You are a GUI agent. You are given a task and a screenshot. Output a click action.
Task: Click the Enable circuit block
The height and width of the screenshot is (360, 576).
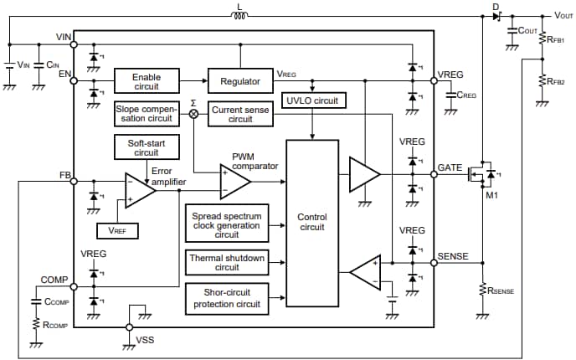click(x=147, y=81)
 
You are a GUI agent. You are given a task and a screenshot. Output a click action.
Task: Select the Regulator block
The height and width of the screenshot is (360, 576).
click(x=240, y=81)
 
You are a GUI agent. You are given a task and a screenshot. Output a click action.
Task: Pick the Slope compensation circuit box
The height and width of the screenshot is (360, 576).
click(x=147, y=115)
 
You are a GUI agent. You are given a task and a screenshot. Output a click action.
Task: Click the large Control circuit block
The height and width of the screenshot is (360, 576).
click(x=311, y=223)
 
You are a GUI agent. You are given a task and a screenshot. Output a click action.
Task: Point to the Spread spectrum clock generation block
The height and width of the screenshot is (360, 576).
click(x=226, y=224)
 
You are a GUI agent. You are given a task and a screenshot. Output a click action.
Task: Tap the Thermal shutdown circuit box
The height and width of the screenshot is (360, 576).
click(x=226, y=263)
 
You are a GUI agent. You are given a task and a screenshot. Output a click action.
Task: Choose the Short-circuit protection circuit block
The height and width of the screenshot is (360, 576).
click(x=226, y=298)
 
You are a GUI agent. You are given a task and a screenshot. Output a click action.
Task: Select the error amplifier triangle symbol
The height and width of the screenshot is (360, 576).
click(x=139, y=190)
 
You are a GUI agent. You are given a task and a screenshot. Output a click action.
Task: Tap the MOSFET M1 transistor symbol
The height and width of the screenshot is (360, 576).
click(x=485, y=174)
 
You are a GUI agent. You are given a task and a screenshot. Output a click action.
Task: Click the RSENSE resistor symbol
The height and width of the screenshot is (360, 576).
click(x=482, y=289)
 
